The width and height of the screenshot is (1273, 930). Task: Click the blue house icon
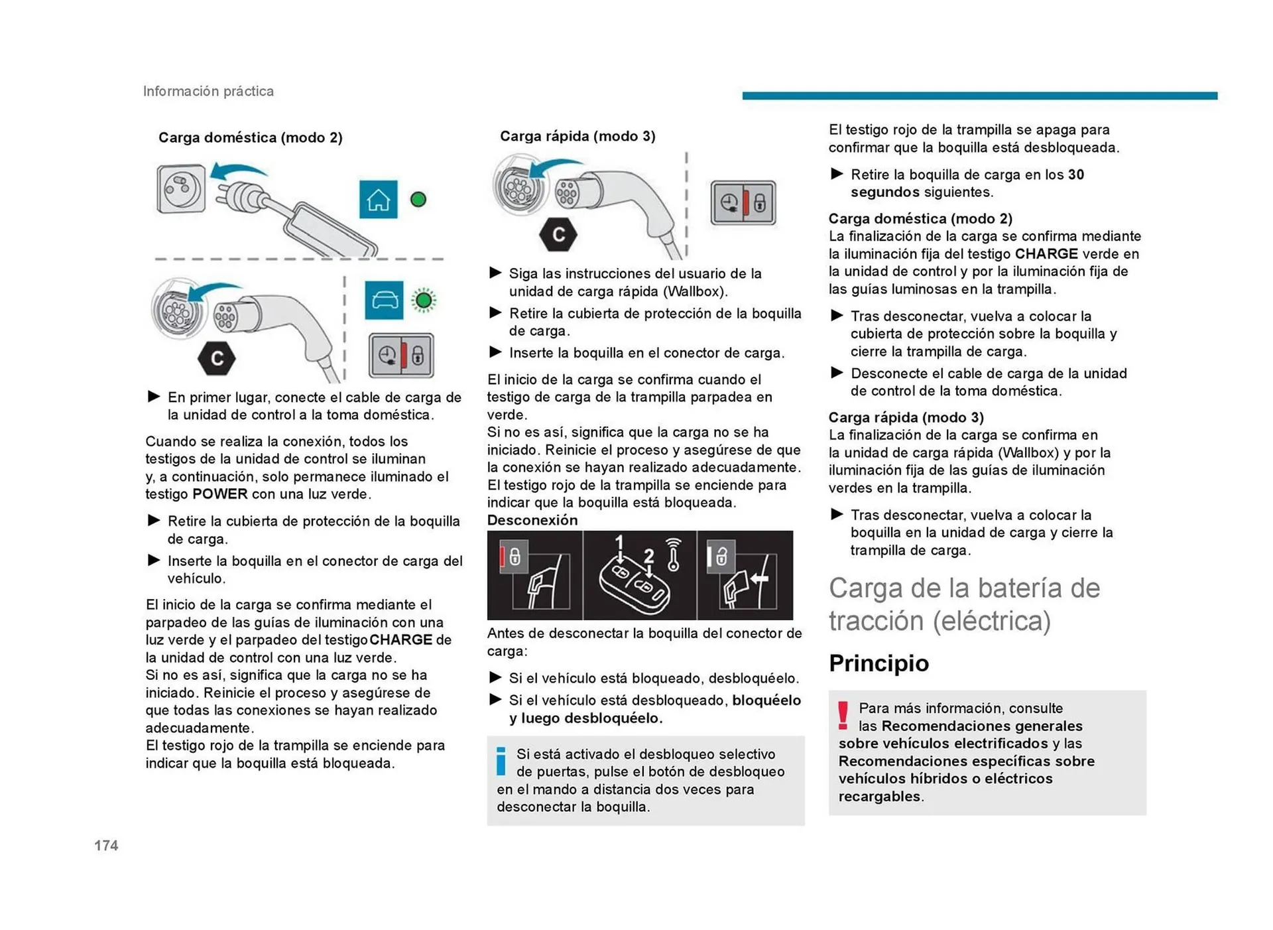tap(378, 199)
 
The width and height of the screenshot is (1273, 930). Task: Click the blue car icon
tap(384, 300)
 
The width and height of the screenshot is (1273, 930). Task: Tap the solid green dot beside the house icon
tap(418, 199)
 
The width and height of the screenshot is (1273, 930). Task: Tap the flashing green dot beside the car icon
tap(424, 300)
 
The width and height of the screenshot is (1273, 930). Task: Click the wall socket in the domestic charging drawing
tap(180, 189)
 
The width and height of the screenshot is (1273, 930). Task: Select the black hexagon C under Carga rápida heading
tap(558, 234)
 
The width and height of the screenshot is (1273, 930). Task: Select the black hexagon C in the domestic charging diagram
tap(217, 358)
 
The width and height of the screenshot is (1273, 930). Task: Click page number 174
tap(106, 845)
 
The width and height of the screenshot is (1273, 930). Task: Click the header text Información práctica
tap(208, 91)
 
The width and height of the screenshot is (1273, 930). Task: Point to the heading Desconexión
tap(532, 520)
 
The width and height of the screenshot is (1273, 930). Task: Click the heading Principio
tap(879, 663)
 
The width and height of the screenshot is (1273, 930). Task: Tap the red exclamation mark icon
tap(843, 716)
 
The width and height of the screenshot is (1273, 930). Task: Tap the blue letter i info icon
tap(501, 761)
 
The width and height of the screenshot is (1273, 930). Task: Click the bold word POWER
tap(219, 494)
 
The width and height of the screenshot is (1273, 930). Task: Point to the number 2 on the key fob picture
tap(648, 556)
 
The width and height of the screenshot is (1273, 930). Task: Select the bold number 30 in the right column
tap(1075, 174)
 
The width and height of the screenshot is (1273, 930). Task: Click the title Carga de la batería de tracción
tap(963, 604)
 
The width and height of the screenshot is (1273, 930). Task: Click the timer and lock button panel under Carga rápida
tap(743, 203)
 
